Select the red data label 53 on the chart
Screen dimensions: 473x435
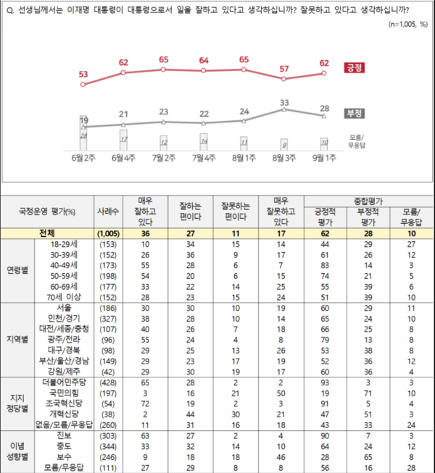point(83,74)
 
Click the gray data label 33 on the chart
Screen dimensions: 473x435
point(285,102)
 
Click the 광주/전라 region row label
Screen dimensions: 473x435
point(65,341)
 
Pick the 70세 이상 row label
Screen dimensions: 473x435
point(65,296)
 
